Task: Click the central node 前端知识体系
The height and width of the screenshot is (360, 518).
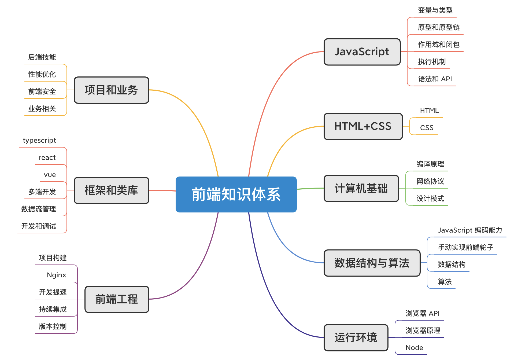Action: (x=236, y=194)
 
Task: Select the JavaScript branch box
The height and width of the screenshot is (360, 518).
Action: (x=362, y=52)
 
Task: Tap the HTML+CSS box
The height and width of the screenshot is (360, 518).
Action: (x=363, y=126)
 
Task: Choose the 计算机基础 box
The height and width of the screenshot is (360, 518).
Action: (x=361, y=188)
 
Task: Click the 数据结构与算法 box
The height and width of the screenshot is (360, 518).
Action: (x=372, y=263)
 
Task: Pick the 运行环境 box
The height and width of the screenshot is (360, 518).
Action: (x=356, y=337)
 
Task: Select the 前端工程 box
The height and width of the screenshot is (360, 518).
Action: (x=117, y=299)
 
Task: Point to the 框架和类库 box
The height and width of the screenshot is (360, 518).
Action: (x=111, y=190)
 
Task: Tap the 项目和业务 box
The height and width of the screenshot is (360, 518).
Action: (x=111, y=90)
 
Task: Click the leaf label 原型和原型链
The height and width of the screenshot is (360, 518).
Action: (x=439, y=27)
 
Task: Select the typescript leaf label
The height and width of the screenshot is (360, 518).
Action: (x=39, y=140)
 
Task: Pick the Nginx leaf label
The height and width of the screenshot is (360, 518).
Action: (x=56, y=275)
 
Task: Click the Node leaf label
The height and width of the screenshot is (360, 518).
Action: (x=414, y=348)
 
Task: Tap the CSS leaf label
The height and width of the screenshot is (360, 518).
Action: (x=427, y=128)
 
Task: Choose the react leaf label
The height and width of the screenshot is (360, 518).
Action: (x=47, y=157)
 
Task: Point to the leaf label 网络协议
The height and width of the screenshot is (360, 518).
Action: (x=430, y=181)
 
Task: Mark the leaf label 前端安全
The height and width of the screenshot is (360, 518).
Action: (x=42, y=91)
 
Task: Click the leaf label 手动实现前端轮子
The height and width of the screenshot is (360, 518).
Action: (x=465, y=247)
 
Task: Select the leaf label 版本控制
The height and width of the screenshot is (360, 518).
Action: (x=53, y=326)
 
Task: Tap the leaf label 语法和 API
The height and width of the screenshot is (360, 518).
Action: (x=435, y=79)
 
